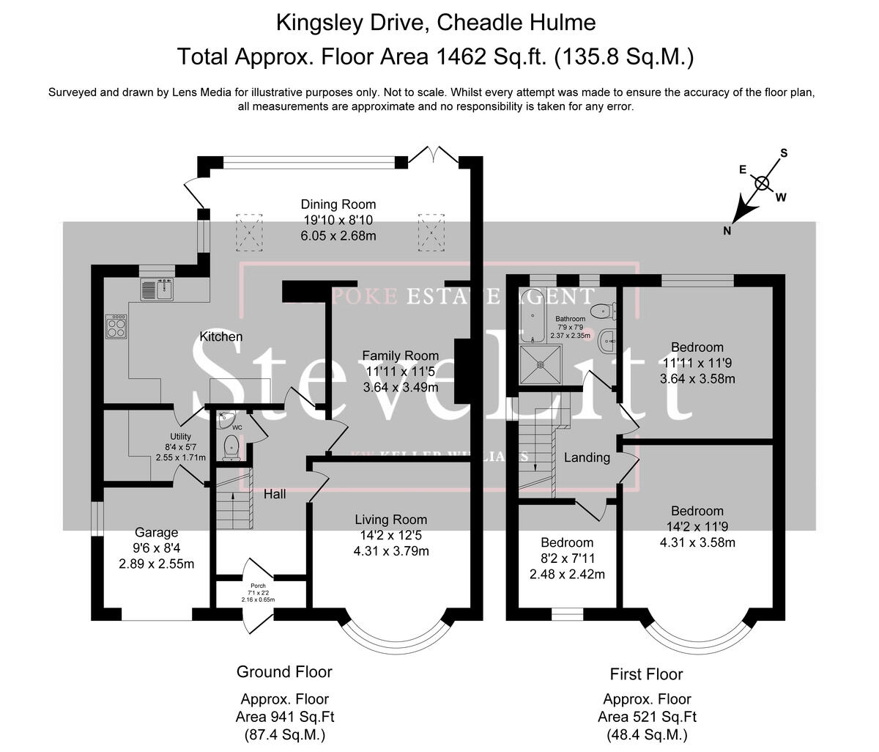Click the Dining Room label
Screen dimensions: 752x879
coord(338,204)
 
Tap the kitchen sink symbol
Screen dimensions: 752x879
coord(156,290)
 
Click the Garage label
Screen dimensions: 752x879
coord(156,533)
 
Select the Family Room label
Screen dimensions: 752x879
coord(400,356)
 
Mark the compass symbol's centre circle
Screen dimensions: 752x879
coord(763,183)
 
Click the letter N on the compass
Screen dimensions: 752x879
coord(727,231)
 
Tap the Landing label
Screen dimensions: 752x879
coord(587,457)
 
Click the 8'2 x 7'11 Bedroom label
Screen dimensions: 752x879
coord(567,543)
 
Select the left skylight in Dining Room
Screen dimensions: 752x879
coord(249,232)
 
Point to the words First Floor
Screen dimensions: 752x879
coord(646,674)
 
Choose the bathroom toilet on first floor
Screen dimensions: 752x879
coord(602,311)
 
